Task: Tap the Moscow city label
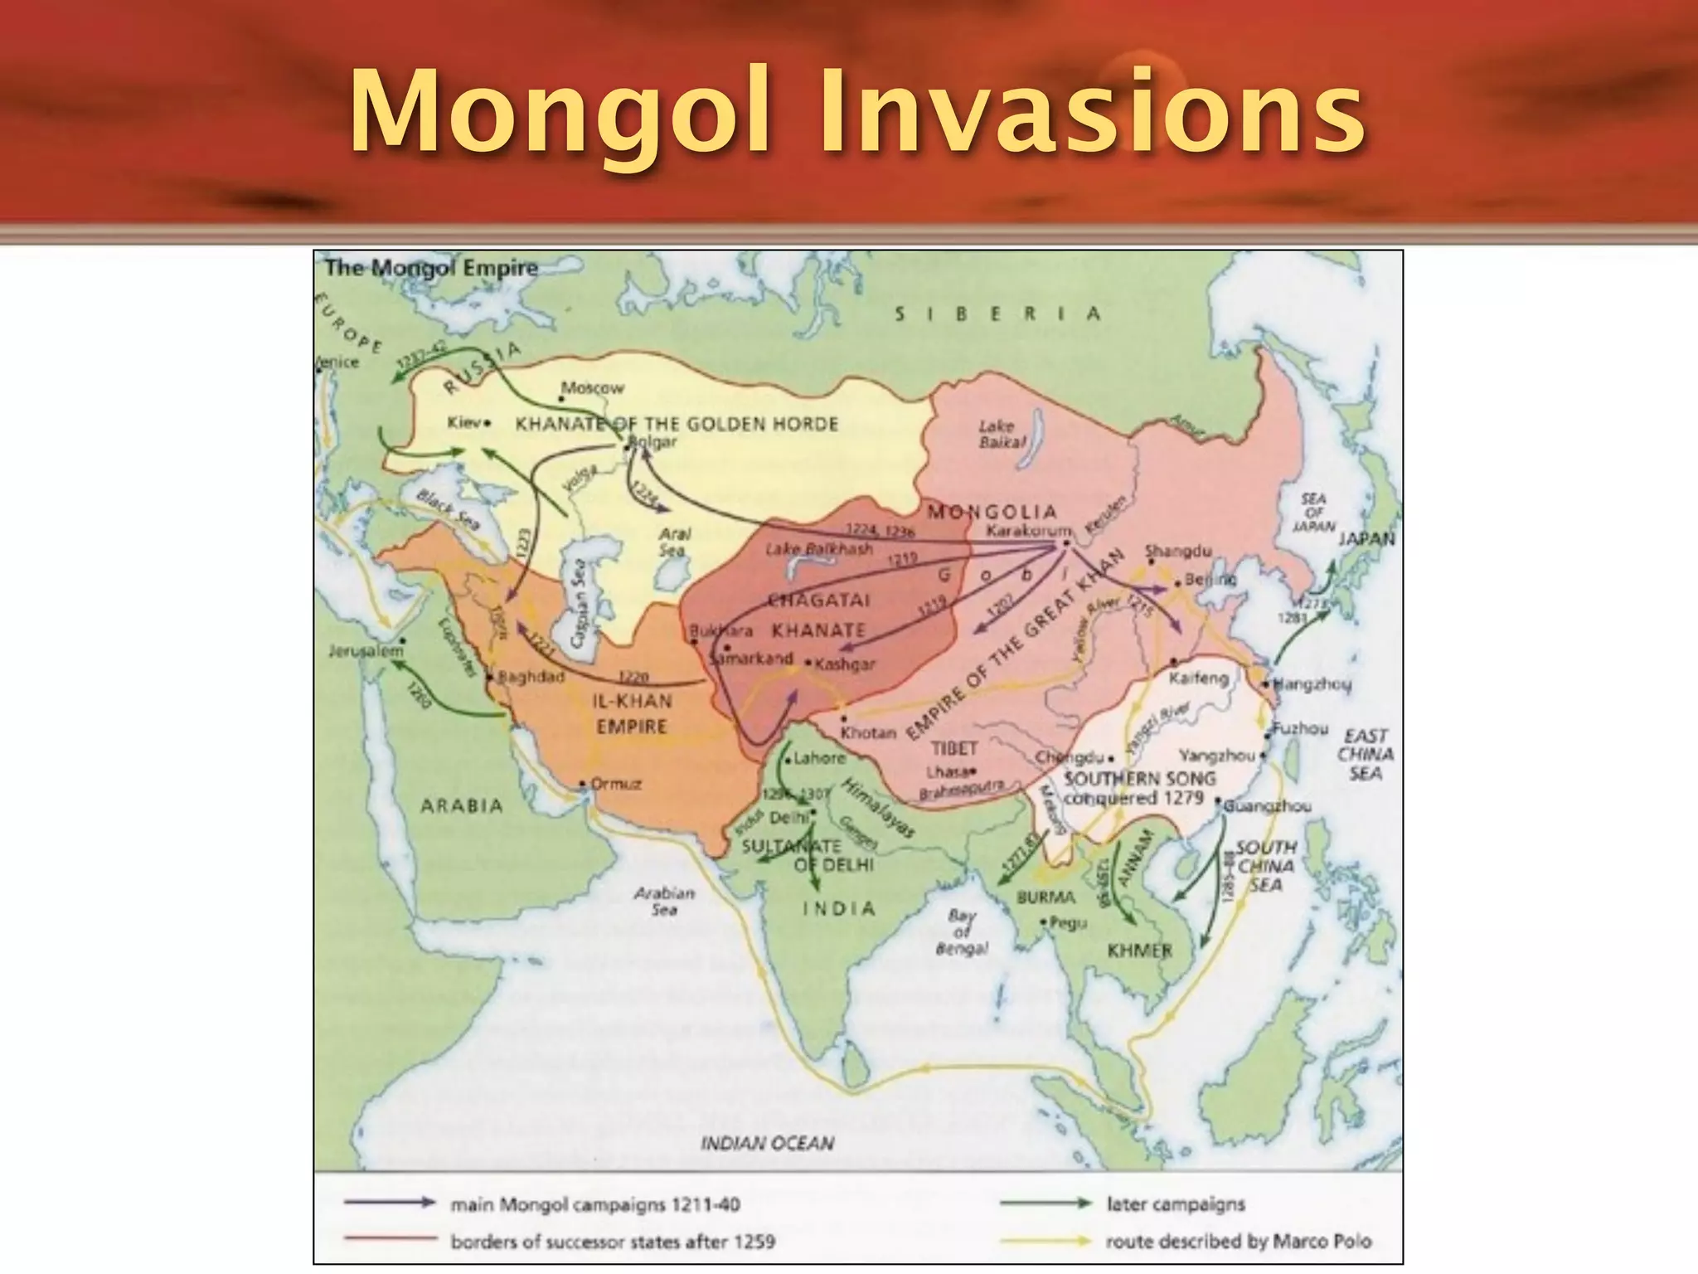tap(592, 388)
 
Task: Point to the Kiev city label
tap(464, 423)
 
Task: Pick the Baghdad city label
tap(531, 677)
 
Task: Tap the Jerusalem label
tap(366, 651)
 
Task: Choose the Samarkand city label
tap(753, 659)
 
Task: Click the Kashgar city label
tap(845, 664)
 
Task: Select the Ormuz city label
tap(615, 784)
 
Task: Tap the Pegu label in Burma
tap(1068, 922)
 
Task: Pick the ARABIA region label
tap(462, 806)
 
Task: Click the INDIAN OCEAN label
tap(767, 1143)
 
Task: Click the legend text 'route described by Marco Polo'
tap(1239, 1242)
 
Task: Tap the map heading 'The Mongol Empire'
tap(431, 268)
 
